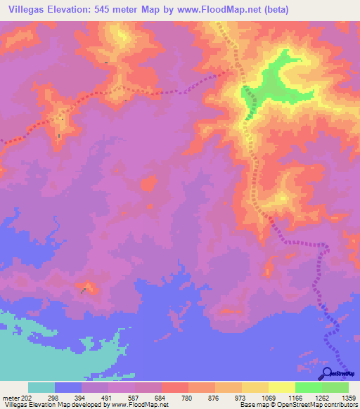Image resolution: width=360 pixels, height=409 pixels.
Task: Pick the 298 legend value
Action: pyautogui.click(x=53, y=397)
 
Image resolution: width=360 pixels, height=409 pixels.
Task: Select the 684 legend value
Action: pyautogui.click(x=161, y=397)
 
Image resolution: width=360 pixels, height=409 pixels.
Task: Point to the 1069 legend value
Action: pyautogui.click(x=268, y=397)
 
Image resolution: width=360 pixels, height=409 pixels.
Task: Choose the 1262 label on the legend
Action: pyautogui.click(x=322, y=397)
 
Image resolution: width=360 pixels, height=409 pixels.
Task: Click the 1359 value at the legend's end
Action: pyautogui.click(x=347, y=397)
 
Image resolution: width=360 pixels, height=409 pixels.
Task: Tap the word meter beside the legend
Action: pyautogui.click(x=11, y=397)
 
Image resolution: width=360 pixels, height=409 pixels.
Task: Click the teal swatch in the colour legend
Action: pyautogui.click(x=41, y=387)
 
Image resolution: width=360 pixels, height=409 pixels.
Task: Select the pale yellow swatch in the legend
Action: pyautogui.click(x=281, y=387)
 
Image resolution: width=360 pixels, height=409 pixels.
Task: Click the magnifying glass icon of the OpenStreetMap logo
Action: pyautogui.click(x=328, y=373)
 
